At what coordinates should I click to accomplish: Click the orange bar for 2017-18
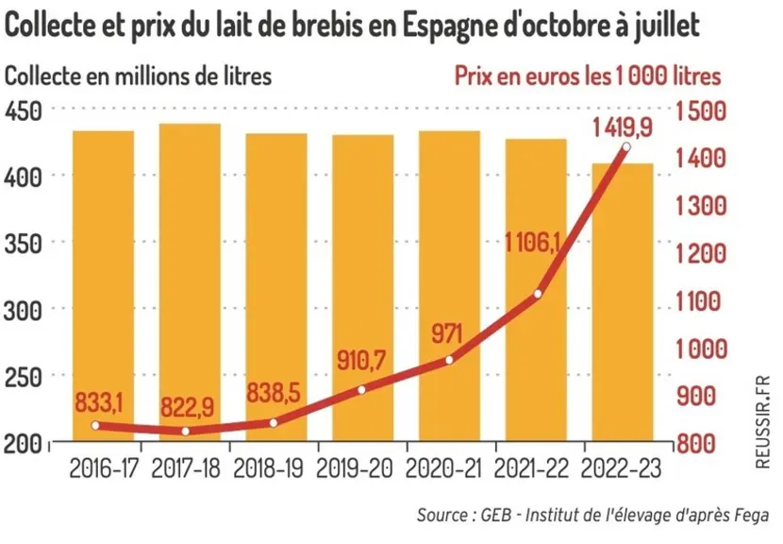190,282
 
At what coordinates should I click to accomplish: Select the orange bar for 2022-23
623,302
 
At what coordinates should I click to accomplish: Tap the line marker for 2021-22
538,294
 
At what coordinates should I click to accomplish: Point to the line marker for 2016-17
95,426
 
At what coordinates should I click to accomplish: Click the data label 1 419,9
623,127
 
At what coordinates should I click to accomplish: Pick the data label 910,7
361,360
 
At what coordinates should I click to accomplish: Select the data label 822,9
187,407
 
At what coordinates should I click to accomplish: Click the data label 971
447,333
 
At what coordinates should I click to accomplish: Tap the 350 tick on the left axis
23,244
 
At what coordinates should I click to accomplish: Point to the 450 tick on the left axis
23,110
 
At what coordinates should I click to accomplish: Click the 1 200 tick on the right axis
701,253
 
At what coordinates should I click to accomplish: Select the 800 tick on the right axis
696,443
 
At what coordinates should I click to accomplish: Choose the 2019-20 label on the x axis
355,469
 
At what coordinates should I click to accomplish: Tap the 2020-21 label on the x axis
443,469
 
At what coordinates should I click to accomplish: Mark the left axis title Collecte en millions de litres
138,76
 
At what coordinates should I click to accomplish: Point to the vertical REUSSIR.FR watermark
762,422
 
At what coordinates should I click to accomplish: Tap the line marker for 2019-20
361,389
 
